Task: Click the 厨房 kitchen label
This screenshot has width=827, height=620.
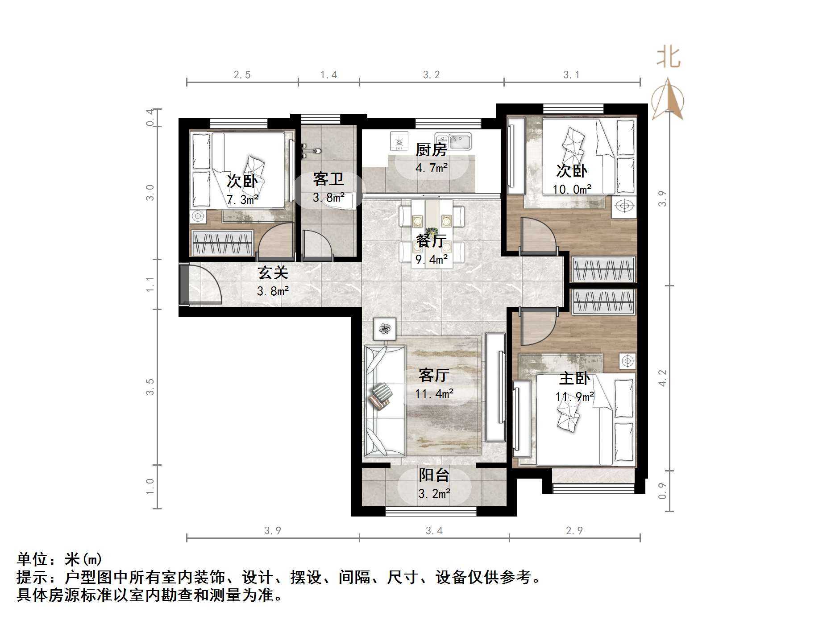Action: point(431,150)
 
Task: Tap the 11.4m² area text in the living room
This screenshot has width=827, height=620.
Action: point(434,393)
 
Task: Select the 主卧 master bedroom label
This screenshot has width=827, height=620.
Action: point(574,379)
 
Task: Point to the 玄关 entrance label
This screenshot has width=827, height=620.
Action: point(273,273)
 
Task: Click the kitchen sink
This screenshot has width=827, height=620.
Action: point(459,141)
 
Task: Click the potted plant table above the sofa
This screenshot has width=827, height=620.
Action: point(385,329)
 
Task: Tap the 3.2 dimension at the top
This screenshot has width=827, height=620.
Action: point(432,75)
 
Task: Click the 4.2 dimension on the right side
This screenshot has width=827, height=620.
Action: point(662,378)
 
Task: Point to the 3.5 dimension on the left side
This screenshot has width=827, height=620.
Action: point(150,386)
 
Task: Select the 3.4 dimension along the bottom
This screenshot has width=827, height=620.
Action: point(434,530)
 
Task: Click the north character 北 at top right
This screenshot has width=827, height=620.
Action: point(668,58)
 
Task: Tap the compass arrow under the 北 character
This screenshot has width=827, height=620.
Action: point(668,99)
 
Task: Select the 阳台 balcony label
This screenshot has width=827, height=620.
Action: point(433,475)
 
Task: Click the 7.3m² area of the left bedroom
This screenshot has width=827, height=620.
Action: point(242,200)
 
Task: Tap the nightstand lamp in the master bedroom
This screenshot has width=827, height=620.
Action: point(628,360)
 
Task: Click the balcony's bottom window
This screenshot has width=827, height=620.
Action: point(431,511)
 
